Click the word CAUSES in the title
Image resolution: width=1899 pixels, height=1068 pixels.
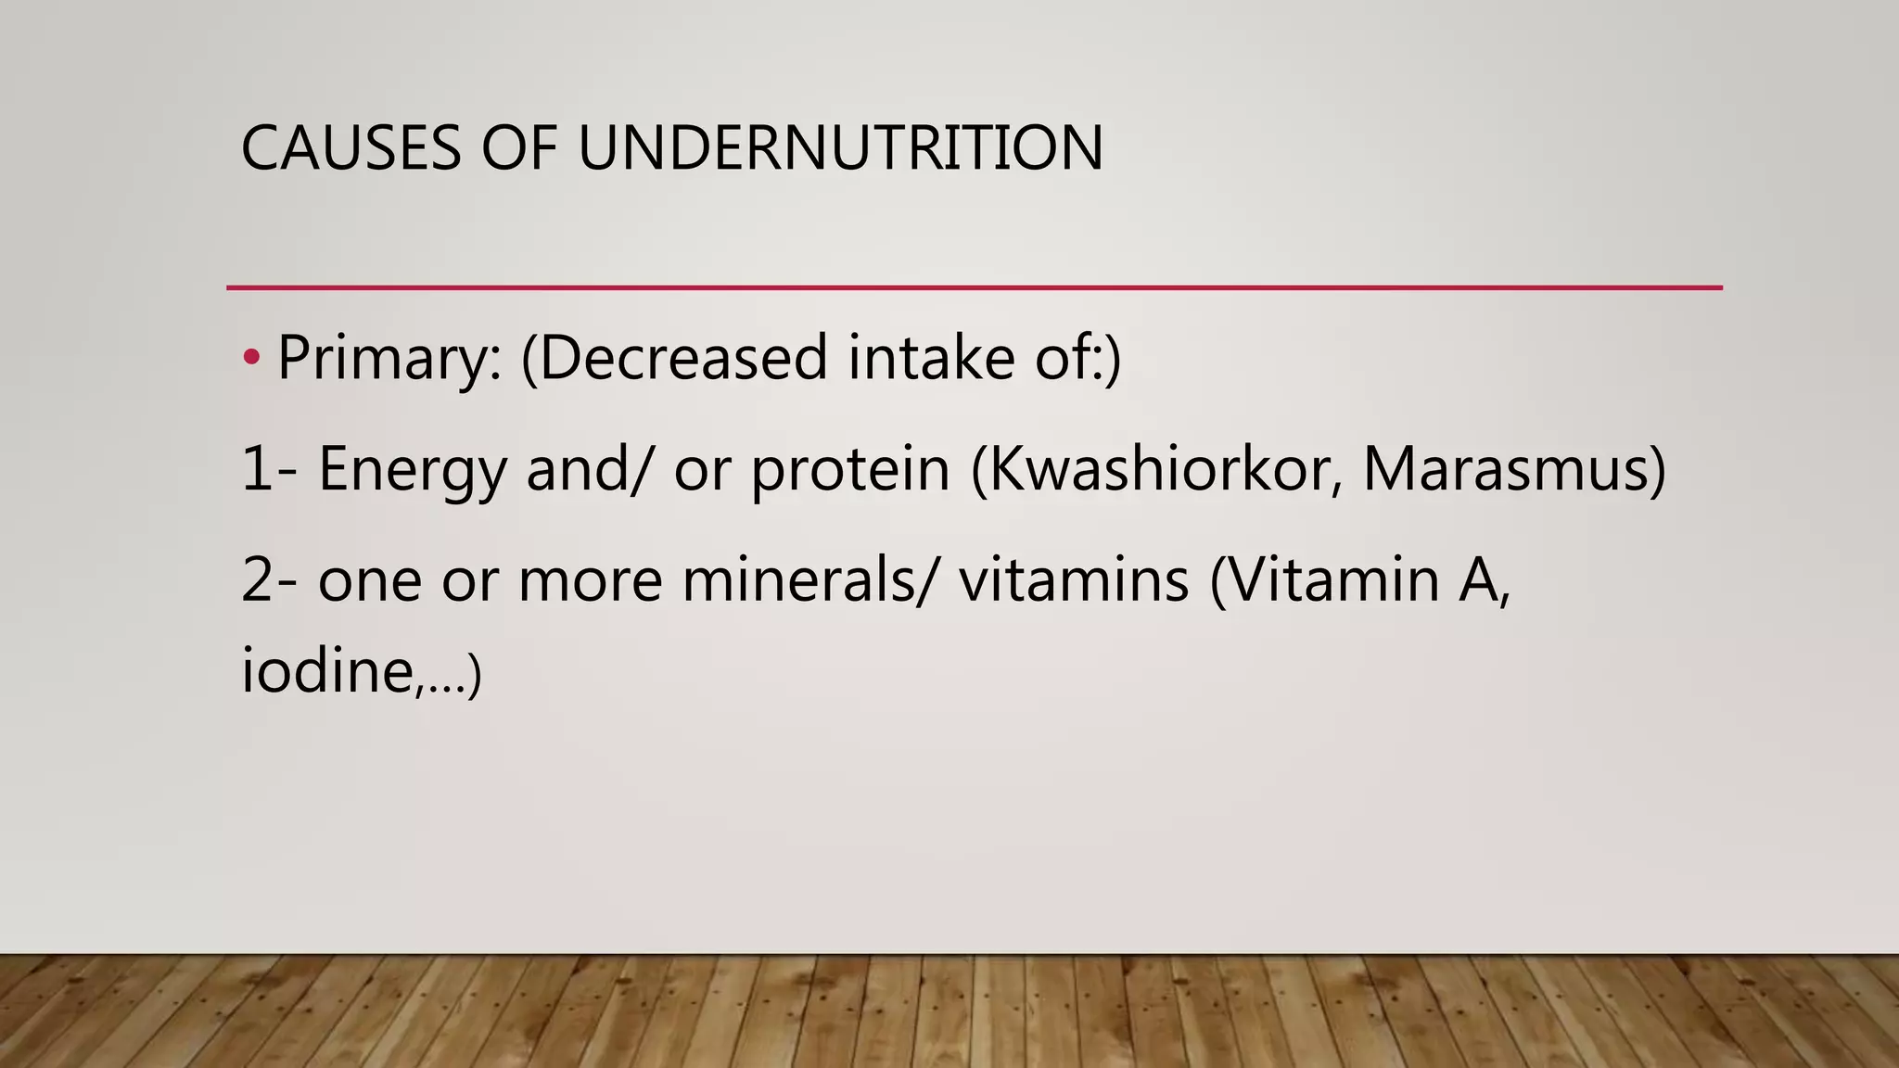[x=350, y=148]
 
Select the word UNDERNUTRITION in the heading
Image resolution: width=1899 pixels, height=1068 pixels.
[x=840, y=148]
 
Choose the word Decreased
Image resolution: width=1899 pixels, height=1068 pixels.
[x=682, y=358]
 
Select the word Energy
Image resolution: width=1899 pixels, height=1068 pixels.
[x=413, y=469]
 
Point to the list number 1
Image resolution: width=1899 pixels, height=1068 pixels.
[x=257, y=469]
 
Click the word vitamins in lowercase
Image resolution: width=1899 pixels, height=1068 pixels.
[x=1074, y=579]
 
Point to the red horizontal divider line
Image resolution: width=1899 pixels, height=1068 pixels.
[x=974, y=288]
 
